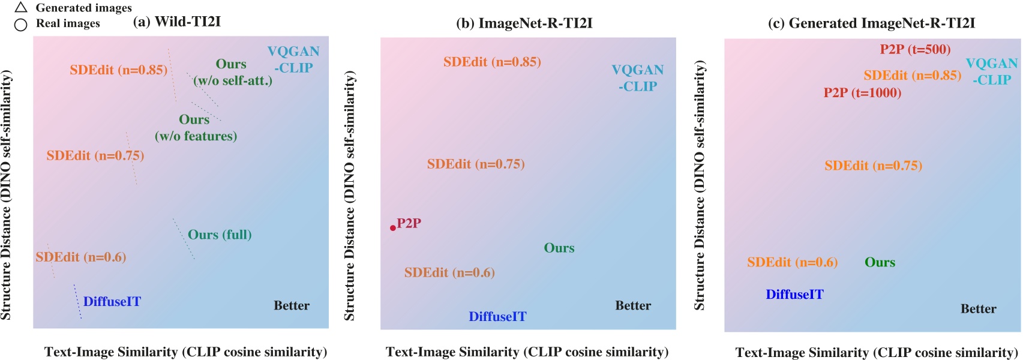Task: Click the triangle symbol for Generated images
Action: click(21, 8)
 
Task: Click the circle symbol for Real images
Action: click(21, 25)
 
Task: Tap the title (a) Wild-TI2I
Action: click(176, 22)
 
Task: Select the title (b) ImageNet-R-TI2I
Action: click(524, 23)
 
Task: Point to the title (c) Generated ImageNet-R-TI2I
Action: click(871, 23)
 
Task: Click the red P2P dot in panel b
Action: click(393, 228)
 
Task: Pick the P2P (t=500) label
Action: click(915, 49)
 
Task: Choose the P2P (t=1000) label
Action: click(862, 93)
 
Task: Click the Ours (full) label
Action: click(220, 235)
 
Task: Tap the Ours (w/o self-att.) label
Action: click(232, 72)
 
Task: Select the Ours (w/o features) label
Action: click(196, 128)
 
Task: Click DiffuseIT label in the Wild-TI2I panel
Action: click(112, 302)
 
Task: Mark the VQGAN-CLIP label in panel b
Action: click(637, 78)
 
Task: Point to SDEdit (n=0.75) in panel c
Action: click(873, 166)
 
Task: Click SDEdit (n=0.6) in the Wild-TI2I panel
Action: click(80, 257)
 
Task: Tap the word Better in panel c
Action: click(978, 309)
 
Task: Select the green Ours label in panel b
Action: click(559, 248)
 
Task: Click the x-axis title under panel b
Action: click(527, 352)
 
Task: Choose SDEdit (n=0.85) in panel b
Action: click(492, 62)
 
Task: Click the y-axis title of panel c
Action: click(700, 186)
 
